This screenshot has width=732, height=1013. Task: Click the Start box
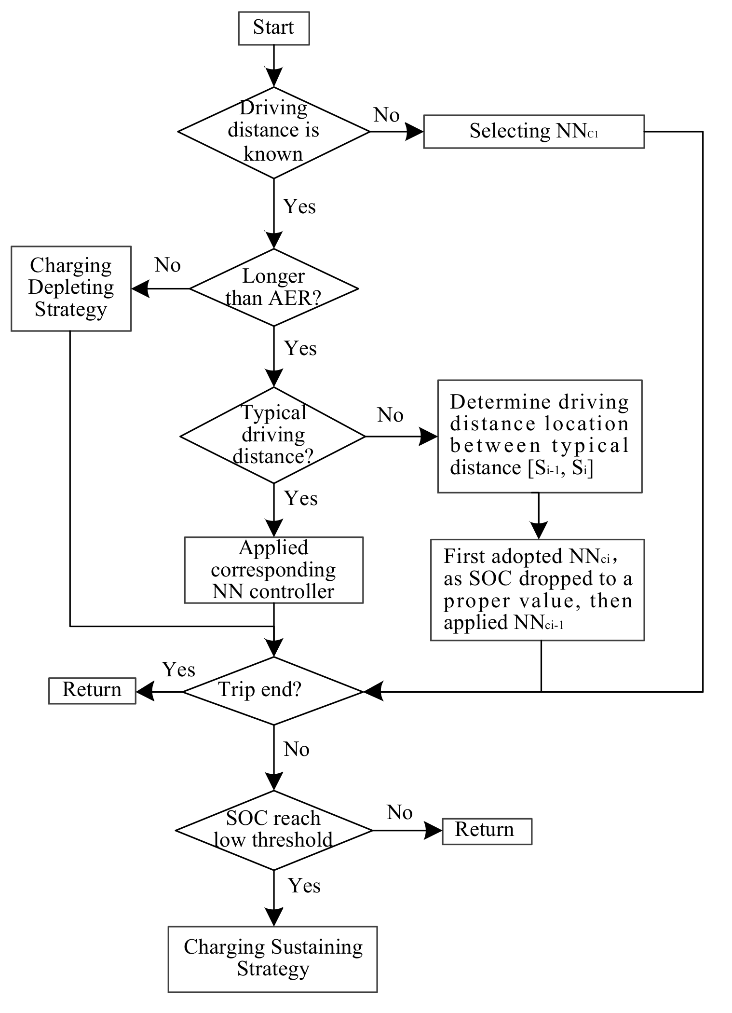pos(273,28)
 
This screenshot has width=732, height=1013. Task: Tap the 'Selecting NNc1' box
pos(534,131)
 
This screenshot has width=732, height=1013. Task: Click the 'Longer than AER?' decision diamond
pos(273,288)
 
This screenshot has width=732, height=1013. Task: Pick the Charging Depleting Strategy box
pos(71,288)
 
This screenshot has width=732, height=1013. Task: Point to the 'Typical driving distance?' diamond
pos(273,436)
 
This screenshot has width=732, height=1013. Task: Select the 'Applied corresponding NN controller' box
pos(273,570)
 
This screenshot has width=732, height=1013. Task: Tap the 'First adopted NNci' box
pos(537,589)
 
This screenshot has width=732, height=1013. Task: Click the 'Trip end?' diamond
pos(273,691)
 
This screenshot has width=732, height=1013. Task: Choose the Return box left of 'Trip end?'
pos(92,690)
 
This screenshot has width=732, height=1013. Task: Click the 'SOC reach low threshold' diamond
pos(273,830)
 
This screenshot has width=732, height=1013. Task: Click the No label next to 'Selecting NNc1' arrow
pos(386,115)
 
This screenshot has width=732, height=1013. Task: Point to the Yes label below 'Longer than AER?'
pos(300,348)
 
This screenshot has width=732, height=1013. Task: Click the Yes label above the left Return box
pos(178,670)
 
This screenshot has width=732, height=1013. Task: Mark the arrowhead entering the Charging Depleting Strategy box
pos(140,289)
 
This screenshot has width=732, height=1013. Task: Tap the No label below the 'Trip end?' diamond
pos(296,749)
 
